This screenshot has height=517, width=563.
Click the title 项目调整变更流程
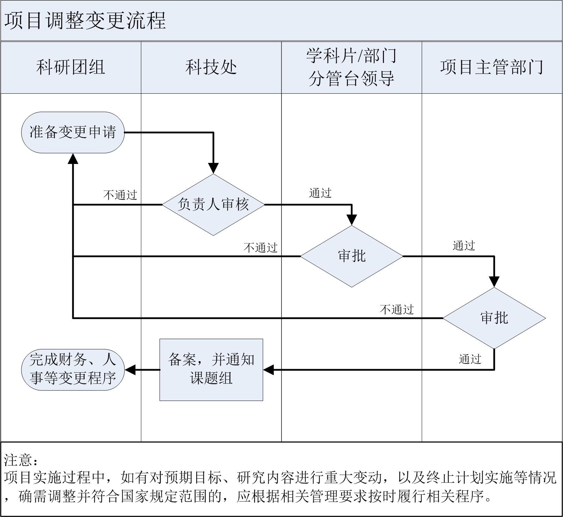(85, 21)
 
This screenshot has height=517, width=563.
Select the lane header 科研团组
(71, 67)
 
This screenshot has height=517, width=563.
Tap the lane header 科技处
(211, 67)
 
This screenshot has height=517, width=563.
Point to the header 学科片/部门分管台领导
(351, 67)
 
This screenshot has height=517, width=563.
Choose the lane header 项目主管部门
(492, 67)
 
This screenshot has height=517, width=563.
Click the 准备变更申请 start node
(73, 132)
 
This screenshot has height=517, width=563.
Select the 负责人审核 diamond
(213, 204)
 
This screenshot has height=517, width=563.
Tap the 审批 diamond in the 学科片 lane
(352, 256)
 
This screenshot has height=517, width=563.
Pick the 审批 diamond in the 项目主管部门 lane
(494, 318)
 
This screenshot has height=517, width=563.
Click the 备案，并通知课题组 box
(211, 369)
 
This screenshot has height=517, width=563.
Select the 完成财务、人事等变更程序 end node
(73, 369)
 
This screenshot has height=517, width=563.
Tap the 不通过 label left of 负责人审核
(120, 195)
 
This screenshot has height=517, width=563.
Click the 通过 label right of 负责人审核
(320, 193)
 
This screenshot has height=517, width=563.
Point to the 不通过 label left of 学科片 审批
(261, 247)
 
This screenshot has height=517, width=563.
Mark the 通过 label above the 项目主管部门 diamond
(464, 246)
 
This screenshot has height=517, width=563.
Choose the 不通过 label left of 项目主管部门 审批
(397, 309)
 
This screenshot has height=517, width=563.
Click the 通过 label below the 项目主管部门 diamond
(470, 359)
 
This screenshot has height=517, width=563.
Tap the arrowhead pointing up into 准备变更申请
(73, 159)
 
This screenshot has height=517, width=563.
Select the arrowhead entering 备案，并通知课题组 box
(268, 369)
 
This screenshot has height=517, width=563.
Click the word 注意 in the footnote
(18, 460)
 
